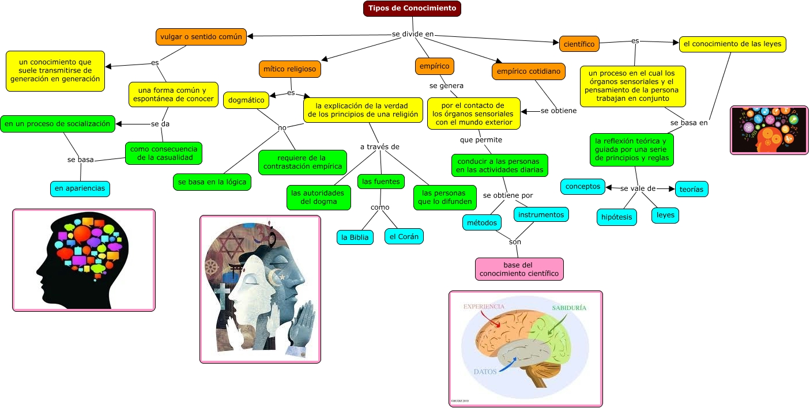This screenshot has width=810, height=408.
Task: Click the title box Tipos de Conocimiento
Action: click(x=412, y=9)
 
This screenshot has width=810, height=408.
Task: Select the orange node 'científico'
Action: click(x=579, y=43)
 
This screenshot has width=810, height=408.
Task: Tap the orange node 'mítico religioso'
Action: click(x=289, y=69)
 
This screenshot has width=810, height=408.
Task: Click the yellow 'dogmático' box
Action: click(x=246, y=100)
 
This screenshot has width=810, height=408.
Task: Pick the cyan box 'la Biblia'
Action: click(x=355, y=237)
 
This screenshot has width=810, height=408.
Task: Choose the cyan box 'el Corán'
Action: click(x=404, y=236)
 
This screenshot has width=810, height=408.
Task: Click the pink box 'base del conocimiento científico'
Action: click(x=519, y=269)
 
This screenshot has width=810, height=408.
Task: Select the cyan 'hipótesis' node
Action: click(x=616, y=217)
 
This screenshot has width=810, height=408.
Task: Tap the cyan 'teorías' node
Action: click(x=691, y=188)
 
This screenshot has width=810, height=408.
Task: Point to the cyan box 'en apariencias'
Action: click(x=80, y=188)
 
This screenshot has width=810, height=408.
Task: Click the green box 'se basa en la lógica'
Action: click(x=212, y=182)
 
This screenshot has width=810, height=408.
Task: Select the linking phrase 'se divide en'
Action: click(x=412, y=34)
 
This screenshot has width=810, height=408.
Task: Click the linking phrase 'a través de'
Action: click(x=379, y=147)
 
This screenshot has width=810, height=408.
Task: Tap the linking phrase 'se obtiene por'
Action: click(x=508, y=195)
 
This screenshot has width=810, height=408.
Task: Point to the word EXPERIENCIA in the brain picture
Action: click(x=484, y=307)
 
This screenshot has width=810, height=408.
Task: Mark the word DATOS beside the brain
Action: click(x=485, y=372)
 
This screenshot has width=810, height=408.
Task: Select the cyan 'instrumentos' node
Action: click(x=541, y=215)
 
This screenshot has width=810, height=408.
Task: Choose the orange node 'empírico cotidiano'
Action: click(x=528, y=71)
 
